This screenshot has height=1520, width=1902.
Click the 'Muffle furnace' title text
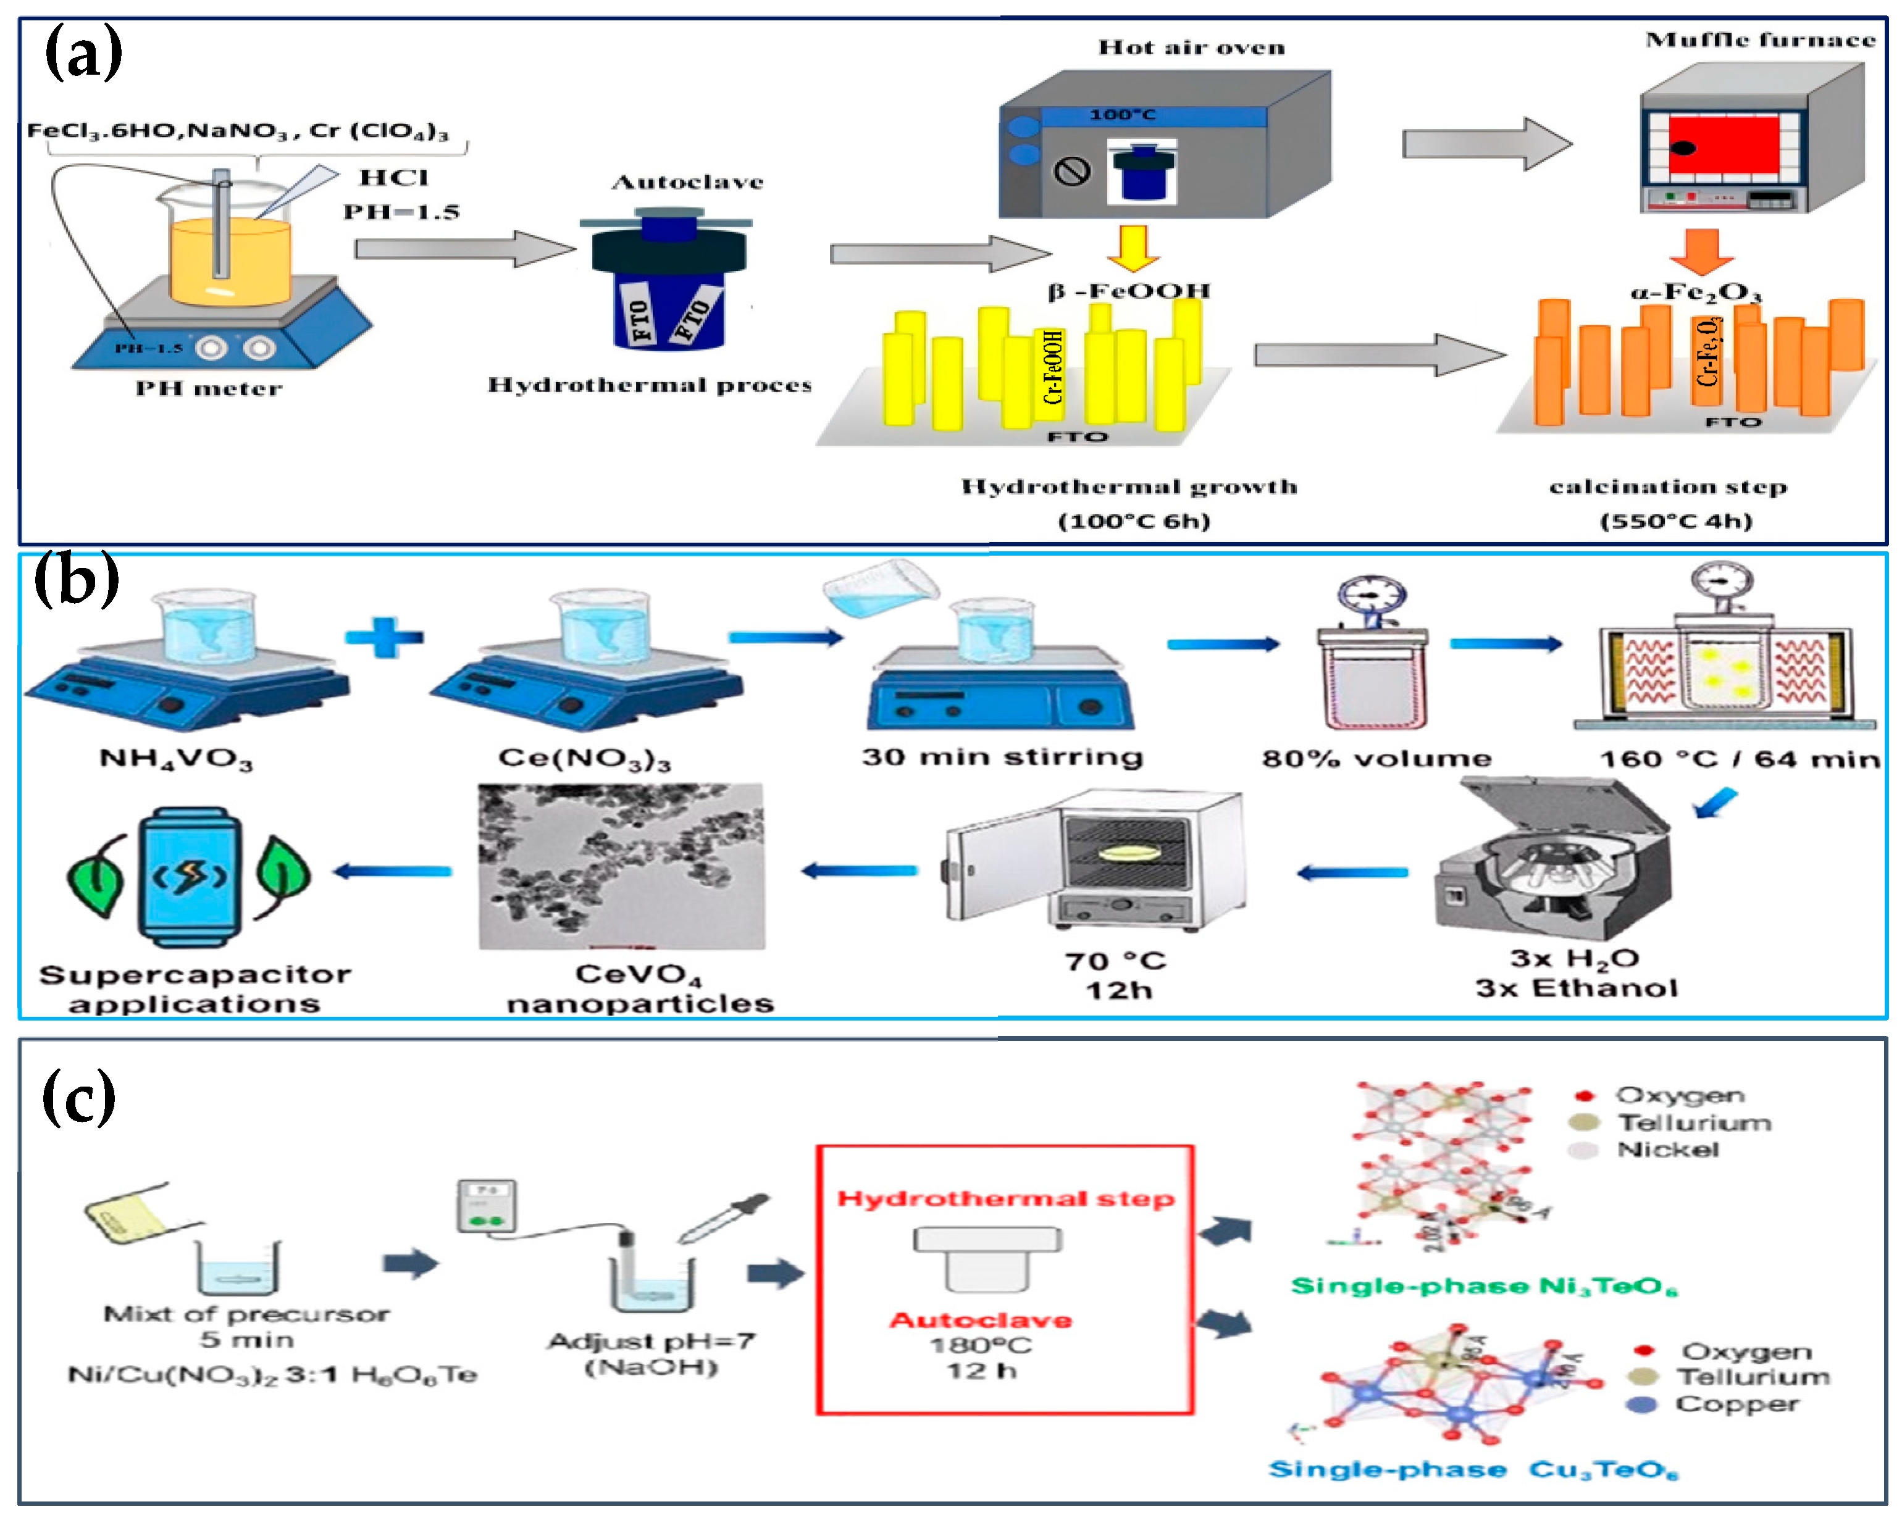(x=1759, y=40)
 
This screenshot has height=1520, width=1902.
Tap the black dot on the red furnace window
(x=1682, y=148)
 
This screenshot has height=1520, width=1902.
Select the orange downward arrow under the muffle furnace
(x=1701, y=251)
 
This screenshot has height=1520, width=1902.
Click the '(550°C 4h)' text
(x=1675, y=520)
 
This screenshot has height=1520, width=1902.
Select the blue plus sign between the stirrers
(x=383, y=637)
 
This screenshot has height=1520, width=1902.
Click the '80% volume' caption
(x=1376, y=759)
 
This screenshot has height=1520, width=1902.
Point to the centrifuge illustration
(x=1552, y=860)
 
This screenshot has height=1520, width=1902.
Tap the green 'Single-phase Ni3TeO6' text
(x=1483, y=1286)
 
